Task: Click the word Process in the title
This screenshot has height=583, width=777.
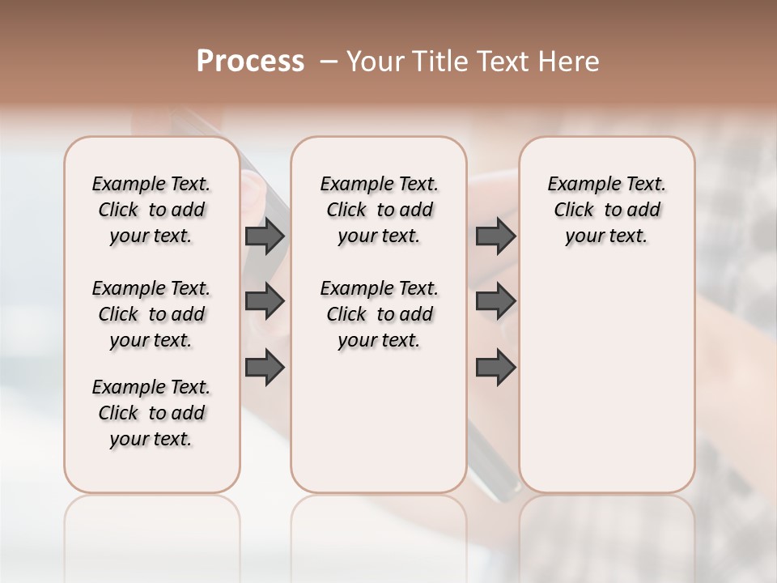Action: (250, 62)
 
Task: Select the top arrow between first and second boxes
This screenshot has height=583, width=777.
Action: (265, 236)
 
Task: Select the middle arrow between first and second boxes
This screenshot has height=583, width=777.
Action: (265, 301)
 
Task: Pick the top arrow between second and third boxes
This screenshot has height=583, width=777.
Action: (495, 236)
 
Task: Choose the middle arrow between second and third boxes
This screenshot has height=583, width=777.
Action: (495, 301)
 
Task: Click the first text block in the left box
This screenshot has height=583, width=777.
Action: (151, 210)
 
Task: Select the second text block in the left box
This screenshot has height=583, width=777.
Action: (151, 314)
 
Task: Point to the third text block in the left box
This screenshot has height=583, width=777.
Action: (151, 413)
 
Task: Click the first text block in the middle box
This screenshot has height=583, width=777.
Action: (379, 210)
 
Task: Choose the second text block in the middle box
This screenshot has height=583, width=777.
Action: (379, 314)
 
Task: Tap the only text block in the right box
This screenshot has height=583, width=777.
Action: (606, 210)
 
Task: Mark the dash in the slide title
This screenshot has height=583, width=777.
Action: (328, 62)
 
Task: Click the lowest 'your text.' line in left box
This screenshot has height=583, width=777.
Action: (151, 439)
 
